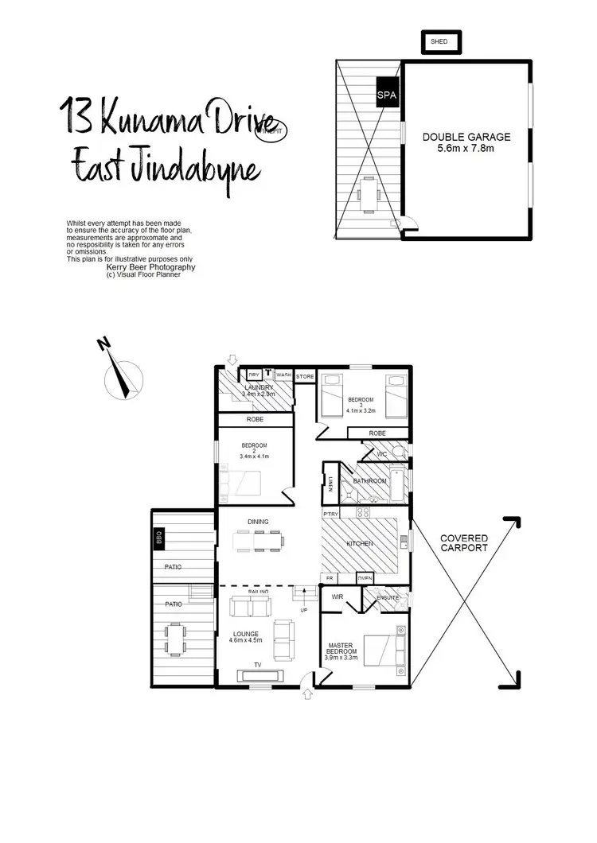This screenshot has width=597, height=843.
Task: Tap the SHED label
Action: pyautogui.click(x=439, y=41)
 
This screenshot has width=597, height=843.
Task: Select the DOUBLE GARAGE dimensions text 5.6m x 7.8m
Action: pyautogui.click(x=466, y=148)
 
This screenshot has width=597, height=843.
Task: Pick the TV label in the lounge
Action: pyautogui.click(x=257, y=664)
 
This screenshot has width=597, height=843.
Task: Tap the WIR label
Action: pyautogui.click(x=337, y=596)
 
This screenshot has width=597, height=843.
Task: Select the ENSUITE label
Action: pyautogui.click(x=388, y=597)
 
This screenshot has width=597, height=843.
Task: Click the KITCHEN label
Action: pyautogui.click(x=360, y=544)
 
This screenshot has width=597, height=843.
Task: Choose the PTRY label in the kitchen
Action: pyautogui.click(x=330, y=515)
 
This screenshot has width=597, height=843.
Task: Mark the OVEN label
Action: pyautogui.click(x=365, y=578)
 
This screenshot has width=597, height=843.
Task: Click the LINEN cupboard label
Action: pyautogui.click(x=330, y=484)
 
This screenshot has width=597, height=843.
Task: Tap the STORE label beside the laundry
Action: pyautogui.click(x=306, y=375)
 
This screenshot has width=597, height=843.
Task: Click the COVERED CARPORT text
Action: pyautogui.click(x=464, y=543)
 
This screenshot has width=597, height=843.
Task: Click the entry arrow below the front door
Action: pyautogui.click(x=309, y=694)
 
